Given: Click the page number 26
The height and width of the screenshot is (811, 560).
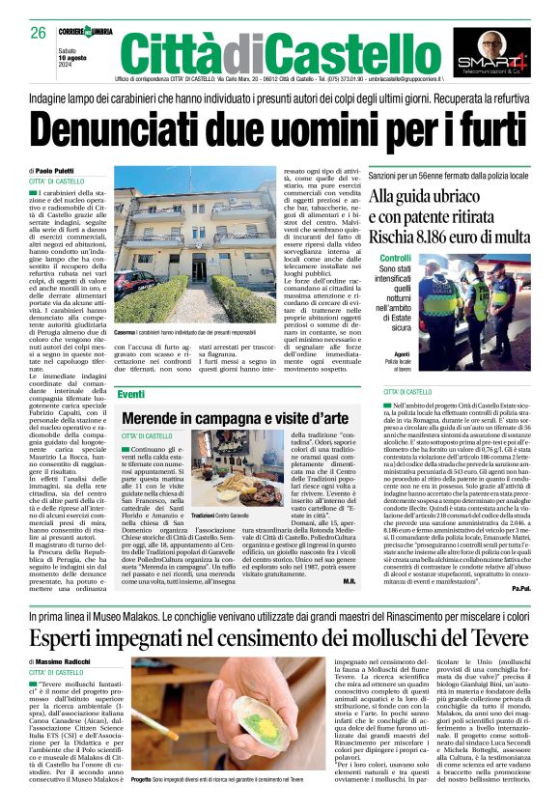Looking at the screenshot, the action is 39,33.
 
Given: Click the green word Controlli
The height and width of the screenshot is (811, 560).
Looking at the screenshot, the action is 395,260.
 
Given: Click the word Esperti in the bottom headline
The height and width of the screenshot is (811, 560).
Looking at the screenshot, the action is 67,639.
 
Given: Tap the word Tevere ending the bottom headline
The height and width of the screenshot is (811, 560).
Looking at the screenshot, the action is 492,639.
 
